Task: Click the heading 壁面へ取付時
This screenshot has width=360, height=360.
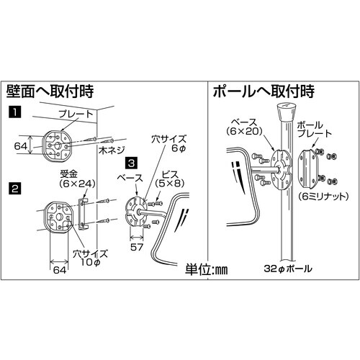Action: [x=50, y=91]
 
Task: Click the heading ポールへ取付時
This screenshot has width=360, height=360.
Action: [x=264, y=91]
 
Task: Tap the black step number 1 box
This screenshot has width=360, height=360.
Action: [x=15, y=112]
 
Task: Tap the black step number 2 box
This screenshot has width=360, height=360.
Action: [x=15, y=189]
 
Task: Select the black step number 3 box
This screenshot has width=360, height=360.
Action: [x=132, y=164]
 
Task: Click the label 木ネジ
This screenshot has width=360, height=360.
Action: [x=112, y=150]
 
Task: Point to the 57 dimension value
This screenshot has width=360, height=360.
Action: [x=137, y=247]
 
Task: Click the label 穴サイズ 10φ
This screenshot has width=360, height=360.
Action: [x=90, y=258]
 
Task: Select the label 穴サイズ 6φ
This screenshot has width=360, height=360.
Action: [x=168, y=144]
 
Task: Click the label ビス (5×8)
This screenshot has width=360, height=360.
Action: [x=170, y=179]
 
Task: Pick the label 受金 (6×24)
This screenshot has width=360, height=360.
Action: [x=77, y=179]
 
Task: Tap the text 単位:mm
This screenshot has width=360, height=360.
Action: [x=207, y=270]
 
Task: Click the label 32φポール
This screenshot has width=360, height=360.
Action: [x=288, y=269]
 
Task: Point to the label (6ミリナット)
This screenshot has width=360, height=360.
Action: [x=323, y=197]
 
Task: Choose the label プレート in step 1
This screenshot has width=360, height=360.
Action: [x=76, y=114]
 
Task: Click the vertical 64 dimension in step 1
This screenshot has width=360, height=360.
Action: [x=21, y=145]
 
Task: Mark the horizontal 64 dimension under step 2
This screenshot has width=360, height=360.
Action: [x=60, y=270]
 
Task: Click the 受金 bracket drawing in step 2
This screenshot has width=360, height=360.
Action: [x=82, y=214]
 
